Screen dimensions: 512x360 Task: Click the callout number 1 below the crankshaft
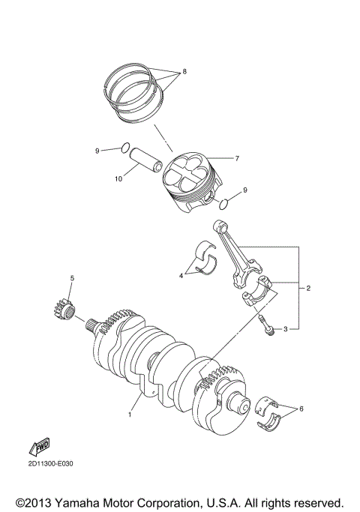[130, 413]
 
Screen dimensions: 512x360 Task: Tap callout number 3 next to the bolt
[286, 328]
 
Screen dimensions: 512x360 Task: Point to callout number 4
[181, 276]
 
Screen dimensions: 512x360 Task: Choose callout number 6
[301, 409]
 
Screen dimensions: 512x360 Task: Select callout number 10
[117, 178]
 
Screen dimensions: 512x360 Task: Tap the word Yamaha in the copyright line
[85, 502]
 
